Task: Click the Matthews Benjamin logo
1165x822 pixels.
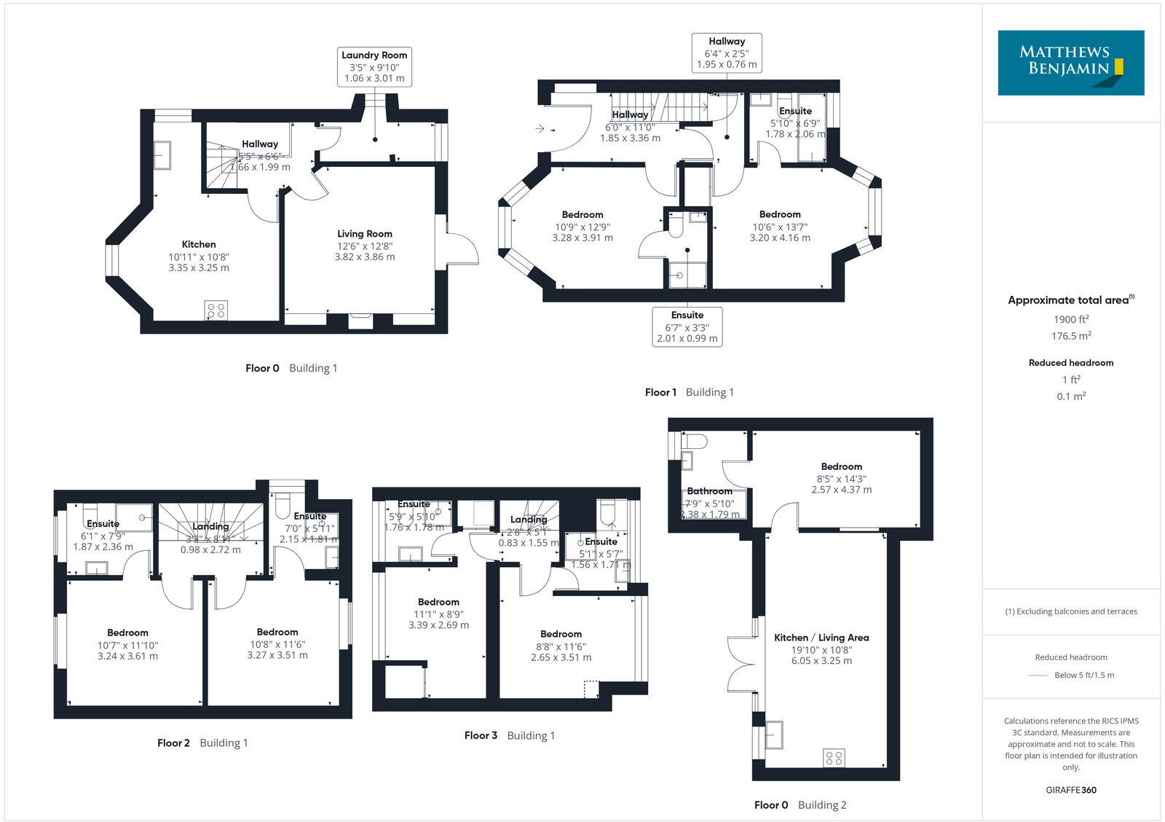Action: [1070, 63]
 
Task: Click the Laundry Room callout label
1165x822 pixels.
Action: [374, 66]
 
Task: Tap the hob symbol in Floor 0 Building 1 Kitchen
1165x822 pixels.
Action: [216, 310]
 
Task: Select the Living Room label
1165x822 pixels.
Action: [364, 234]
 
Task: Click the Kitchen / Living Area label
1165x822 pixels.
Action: [821, 638]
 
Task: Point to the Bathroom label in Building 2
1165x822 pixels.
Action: [709, 491]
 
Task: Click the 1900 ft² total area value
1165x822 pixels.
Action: [1070, 319]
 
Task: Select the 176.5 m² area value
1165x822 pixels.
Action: [1070, 336]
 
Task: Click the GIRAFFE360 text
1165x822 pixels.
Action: [1070, 790]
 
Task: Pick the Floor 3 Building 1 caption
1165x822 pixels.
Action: [509, 735]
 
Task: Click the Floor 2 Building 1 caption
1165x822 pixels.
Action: [202, 743]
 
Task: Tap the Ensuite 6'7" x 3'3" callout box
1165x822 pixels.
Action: [687, 326]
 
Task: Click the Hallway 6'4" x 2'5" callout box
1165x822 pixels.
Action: [726, 52]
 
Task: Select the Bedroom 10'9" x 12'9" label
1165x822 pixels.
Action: [582, 215]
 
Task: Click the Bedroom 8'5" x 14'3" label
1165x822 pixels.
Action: [841, 466]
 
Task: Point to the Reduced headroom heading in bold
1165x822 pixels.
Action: [1070, 362]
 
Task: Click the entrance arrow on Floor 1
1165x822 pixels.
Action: [540, 129]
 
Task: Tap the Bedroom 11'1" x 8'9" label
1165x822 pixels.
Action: [438, 602]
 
